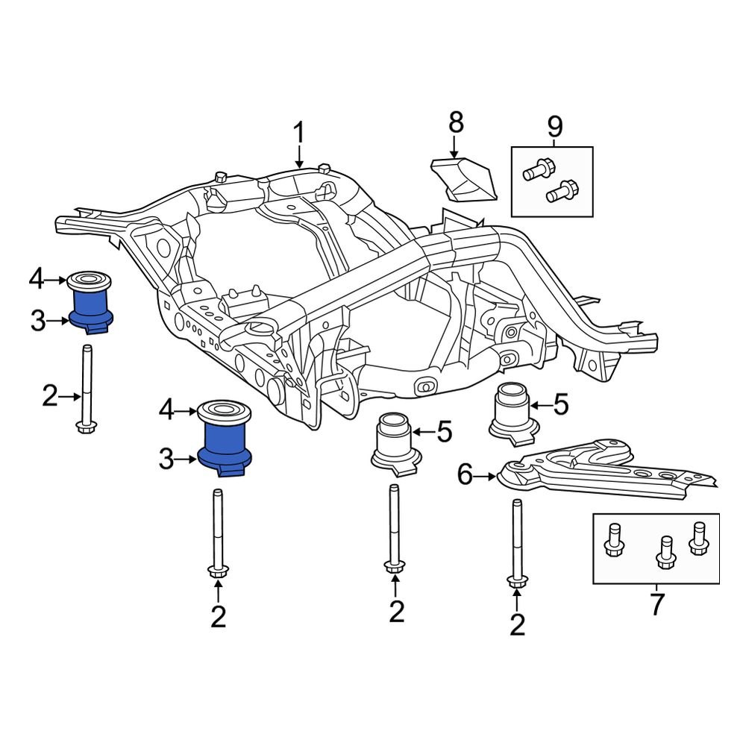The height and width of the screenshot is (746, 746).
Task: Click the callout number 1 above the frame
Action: tap(298, 134)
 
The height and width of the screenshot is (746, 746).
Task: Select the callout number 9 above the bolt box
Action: tap(554, 127)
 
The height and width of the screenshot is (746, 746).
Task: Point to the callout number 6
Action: tap(465, 474)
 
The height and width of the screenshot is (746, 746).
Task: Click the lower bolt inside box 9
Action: tap(564, 191)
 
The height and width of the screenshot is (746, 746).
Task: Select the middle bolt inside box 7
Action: tap(664, 550)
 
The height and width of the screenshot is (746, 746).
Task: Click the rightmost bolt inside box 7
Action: tap(699, 538)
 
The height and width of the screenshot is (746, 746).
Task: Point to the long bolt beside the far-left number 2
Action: tap(87, 388)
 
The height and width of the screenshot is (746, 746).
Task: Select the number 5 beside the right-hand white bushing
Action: tap(560, 405)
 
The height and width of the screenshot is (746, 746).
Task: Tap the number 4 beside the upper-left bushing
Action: tap(37, 280)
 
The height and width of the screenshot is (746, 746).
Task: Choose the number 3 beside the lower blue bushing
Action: tap(166, 459)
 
